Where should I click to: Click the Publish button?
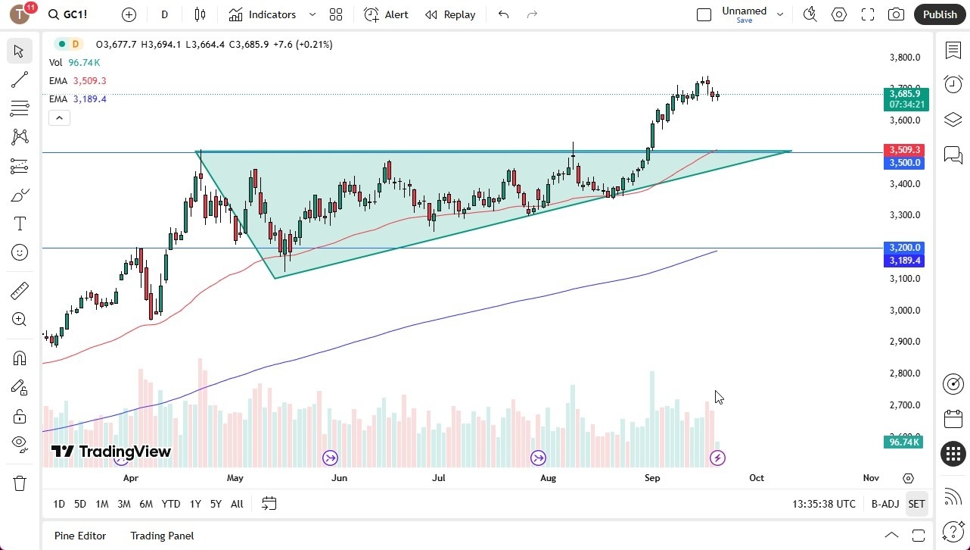click(940, 14)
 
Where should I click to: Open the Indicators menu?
click(271, 14)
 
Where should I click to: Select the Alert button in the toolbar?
click(387, 14)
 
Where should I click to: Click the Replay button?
click(450, 14)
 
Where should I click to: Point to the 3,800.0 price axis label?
click(904, 57)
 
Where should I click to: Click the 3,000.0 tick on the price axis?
click(904, 310)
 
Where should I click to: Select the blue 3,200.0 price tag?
click(904, 248)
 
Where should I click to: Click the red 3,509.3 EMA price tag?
click(904, 150)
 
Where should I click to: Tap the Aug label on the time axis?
click(548, 478)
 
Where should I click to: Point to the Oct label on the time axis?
click(756, 478)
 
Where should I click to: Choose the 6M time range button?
click(146, 504)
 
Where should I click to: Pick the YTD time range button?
click(171, 504)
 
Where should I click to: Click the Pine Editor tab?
click(80, 536)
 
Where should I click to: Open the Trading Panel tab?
click(162, 536)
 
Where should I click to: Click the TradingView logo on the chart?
click(111, 452)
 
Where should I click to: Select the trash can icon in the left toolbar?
click(20, 483)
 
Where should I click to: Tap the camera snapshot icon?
click(896, 14)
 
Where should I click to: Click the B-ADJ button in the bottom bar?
click(885, 504)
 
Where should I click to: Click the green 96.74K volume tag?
click(904, 442)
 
